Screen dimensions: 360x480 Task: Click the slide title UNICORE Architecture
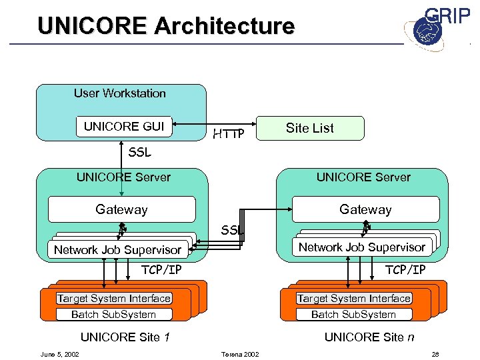(166, 26)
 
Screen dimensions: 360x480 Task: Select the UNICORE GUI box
(124, 126)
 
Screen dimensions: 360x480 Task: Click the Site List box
(310, 128)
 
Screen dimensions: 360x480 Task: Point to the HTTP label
(229, 135)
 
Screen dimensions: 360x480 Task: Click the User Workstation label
(120, 93)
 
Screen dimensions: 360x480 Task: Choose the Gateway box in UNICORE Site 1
(121, 209)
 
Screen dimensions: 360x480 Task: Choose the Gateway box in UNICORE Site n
(365, 209)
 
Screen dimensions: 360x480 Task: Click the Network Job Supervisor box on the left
(117, 250)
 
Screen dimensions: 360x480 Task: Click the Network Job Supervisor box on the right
(361, 247)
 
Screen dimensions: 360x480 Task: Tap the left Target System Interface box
(114, 299)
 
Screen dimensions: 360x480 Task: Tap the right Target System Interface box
(354, 299)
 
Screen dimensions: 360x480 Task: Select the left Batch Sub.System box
(113, 314)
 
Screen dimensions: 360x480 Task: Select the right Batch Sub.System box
(353, 314)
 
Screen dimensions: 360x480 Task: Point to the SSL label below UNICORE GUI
(139, 153)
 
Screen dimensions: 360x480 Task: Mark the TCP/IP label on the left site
(161, 270)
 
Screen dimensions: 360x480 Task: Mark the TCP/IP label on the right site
(405, 269)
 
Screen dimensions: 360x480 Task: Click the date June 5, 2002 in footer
(60, 353)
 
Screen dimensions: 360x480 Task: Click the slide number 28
(435, 353)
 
